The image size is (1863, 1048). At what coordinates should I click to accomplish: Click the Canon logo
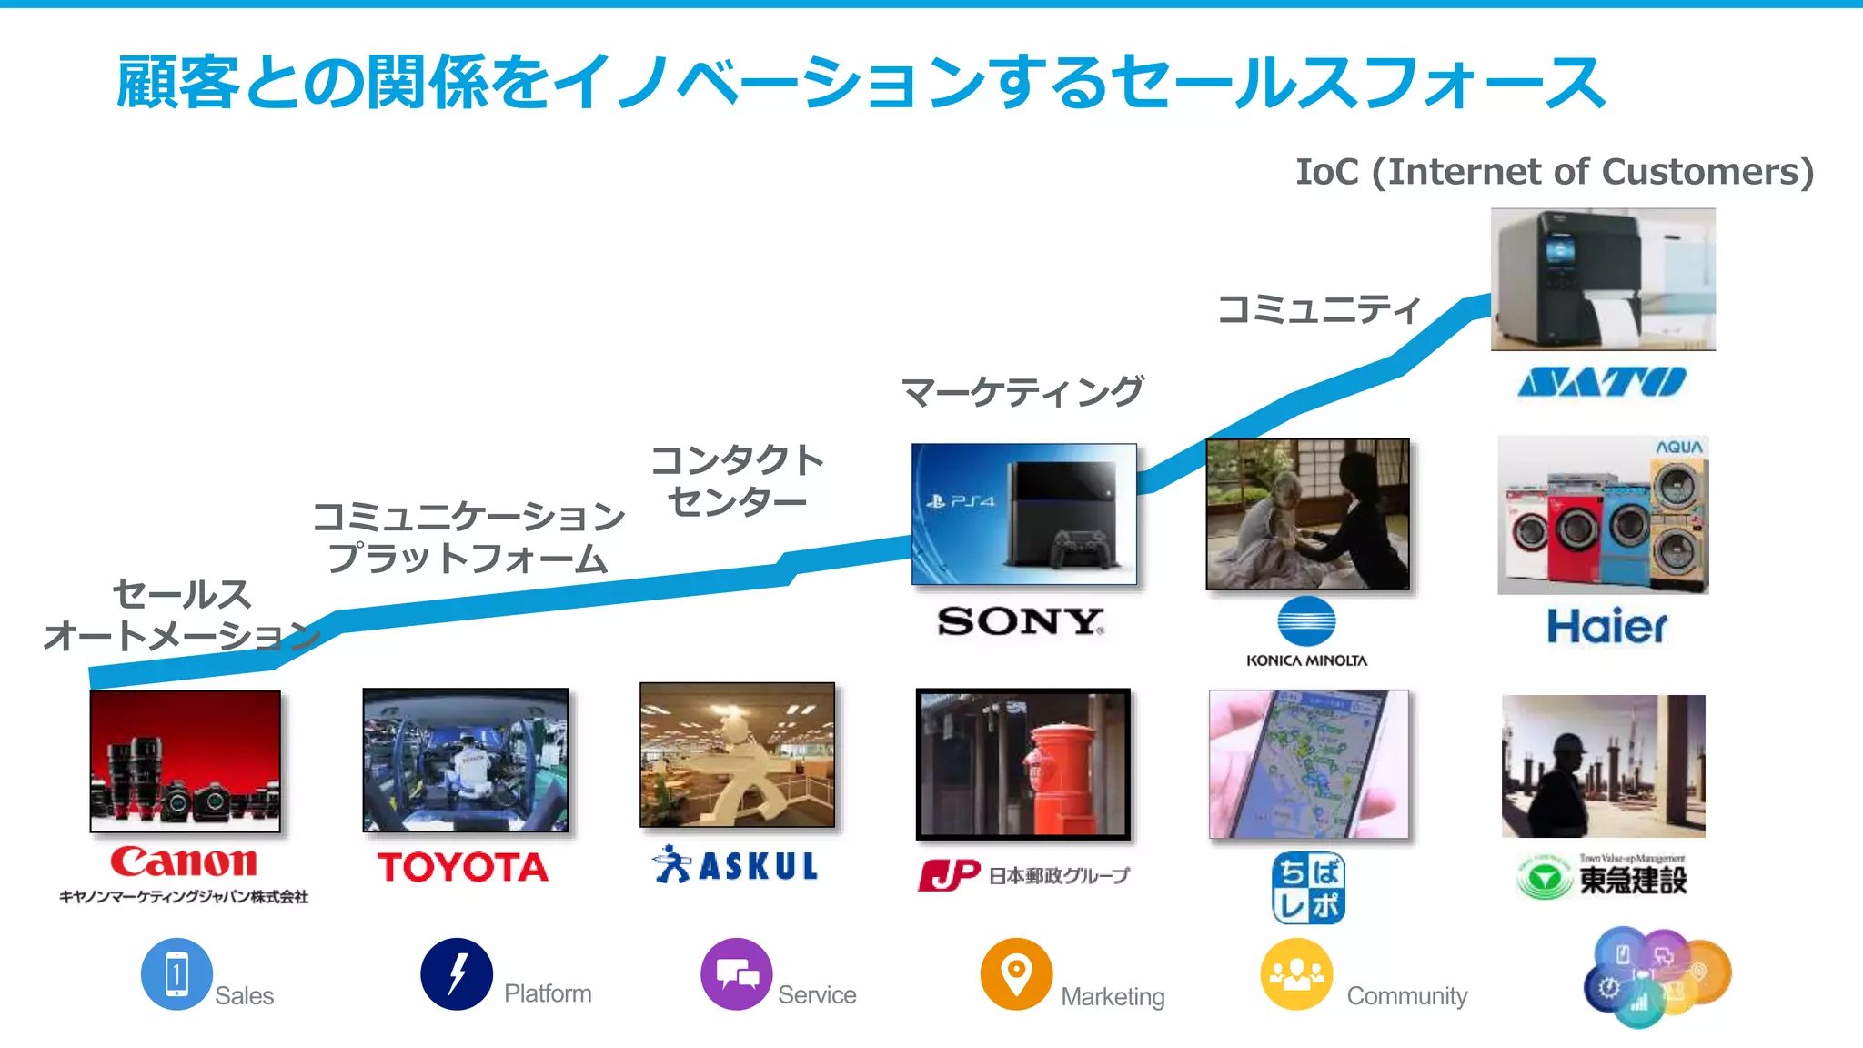click(184, 862)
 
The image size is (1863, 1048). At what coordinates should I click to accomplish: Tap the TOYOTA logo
click(463, 867)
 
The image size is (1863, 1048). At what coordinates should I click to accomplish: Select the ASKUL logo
click(737, 865)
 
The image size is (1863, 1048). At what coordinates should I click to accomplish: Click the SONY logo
click(1021, 622)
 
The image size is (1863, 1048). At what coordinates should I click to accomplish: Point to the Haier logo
click(1607, 627)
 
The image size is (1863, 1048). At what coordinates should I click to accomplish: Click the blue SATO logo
click(1602, 382)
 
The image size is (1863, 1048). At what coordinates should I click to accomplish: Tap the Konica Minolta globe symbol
click(1306, 621)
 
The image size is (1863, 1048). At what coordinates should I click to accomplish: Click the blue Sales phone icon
click(176, 974)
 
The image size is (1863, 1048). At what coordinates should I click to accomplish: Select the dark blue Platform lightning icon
click(457, 974)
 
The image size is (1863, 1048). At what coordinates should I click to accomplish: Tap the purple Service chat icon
click(737, 974)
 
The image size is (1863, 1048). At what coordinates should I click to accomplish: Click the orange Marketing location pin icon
click(1016, 974)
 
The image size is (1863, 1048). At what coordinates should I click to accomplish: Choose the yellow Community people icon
click(1296, 974)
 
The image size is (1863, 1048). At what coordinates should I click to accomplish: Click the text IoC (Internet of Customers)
click(1554, 172)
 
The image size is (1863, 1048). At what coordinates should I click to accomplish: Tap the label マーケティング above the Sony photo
click(1022, 392)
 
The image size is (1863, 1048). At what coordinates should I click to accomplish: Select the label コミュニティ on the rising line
click(1318, 309)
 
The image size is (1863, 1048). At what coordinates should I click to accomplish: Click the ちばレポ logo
click(1308, 888)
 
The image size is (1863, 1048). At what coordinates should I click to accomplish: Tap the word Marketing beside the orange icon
click(1113, 996)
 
